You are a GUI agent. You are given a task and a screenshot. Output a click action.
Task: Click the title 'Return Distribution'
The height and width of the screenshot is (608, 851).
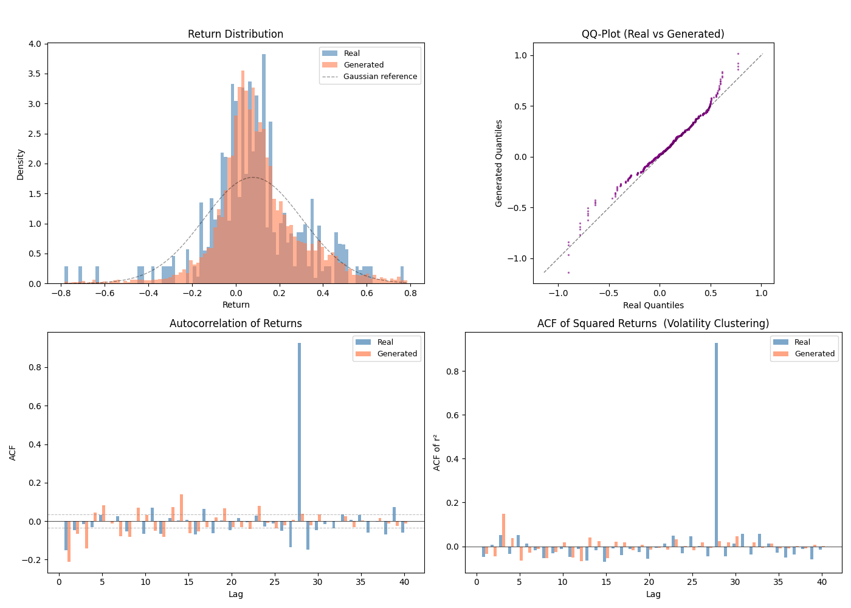235,34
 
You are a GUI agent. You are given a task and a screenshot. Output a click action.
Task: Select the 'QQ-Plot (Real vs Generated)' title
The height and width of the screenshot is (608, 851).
653,34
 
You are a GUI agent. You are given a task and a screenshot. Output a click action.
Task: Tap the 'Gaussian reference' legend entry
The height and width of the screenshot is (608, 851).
380,77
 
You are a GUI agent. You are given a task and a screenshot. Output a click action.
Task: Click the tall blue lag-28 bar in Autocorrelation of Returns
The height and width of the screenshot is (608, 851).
299,432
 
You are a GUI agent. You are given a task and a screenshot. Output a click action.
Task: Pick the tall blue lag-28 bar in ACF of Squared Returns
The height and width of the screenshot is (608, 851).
717,444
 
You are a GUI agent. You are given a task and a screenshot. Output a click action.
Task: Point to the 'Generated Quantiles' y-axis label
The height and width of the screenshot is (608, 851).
499,163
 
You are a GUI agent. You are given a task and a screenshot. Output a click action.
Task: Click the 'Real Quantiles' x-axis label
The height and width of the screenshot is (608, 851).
653,305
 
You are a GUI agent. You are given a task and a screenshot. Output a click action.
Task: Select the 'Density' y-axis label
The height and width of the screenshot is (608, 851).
20,164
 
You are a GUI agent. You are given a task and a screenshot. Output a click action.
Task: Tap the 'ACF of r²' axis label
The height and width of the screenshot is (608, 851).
436,452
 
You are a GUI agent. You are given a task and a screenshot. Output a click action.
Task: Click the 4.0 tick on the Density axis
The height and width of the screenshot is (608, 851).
35,44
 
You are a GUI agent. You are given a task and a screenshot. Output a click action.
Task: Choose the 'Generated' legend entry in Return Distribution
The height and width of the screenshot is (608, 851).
363,65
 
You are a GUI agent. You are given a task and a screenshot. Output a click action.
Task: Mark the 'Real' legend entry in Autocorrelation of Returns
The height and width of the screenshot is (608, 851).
385,342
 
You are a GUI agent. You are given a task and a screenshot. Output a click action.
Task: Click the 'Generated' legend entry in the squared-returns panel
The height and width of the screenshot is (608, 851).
814,354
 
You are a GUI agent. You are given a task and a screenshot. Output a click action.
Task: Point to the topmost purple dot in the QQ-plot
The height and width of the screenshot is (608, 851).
738,54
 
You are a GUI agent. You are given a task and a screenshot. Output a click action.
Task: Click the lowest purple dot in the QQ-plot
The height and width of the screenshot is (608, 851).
568,272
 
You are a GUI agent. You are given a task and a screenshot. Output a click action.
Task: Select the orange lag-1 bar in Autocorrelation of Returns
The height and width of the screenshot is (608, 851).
69,541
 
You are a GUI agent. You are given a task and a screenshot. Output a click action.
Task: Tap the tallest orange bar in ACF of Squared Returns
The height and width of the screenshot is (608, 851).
503,530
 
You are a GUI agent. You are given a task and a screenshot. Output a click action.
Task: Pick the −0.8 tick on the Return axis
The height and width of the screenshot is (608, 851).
61,293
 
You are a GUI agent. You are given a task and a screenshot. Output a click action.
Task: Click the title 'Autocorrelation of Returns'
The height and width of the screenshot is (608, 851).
235,323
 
